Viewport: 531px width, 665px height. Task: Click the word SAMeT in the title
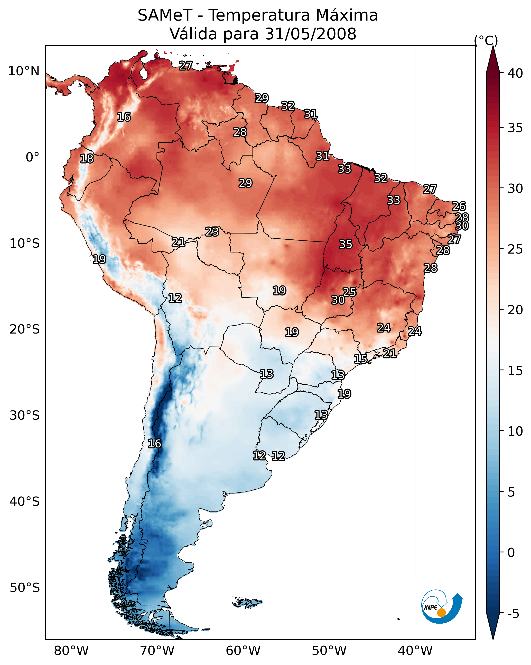click(x=165, y=15)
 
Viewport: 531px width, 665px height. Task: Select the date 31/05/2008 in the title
click(x=310, y=34)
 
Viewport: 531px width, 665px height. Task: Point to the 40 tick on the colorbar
click(x=515, y=73)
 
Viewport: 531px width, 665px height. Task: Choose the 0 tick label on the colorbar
click(x=511, y=552)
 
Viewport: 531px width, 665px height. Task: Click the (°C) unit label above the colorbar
click(x=486, y=40)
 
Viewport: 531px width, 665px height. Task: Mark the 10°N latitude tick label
click(x=24, y=71)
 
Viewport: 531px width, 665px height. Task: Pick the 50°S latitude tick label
click(x=25, y=588)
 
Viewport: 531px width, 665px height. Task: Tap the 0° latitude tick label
click(x=32, y=157)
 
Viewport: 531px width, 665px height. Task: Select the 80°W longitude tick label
click(x=71, y=651)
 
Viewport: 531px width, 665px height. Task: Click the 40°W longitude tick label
click(x=415, y=651)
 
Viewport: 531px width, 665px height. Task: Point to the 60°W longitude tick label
click(x=243, y=651)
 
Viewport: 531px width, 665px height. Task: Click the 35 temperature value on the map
click(x=346, y=244)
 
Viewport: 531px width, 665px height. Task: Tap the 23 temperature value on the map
click(x=212, y=231)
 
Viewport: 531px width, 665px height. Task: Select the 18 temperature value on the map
click(x=87, y=159)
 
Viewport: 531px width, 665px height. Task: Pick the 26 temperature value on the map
click(x=459, y=206)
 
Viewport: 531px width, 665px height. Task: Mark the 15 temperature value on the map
click(x=360, y=359)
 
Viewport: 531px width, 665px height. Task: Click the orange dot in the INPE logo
click(x=441, y=613)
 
